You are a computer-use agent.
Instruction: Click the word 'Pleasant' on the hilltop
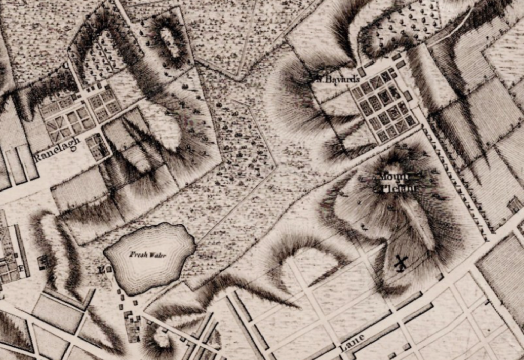coord(399,188)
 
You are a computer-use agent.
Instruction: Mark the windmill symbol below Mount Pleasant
coord(401,263)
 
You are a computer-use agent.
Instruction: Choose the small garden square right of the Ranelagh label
coord(97,146)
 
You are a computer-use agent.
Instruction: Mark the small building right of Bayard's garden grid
coord(408,96)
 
